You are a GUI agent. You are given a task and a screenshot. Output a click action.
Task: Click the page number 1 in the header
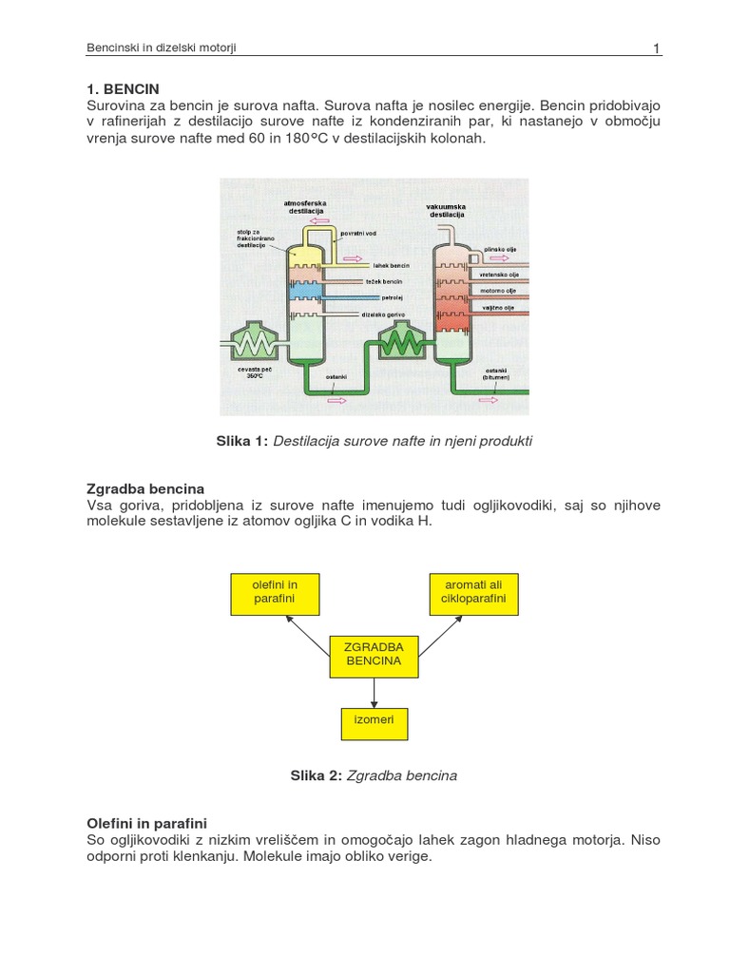pyautogui.click(x=656, y=48)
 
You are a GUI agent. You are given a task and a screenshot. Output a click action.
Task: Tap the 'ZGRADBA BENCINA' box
pyautogui.click(x=374, y=654)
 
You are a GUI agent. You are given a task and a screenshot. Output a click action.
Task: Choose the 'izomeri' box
pyautogui.click(x=374, y=724)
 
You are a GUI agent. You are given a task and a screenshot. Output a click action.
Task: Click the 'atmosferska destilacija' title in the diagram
pyautogui.click(x=305, y=206)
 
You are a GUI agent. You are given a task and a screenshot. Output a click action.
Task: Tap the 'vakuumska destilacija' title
pyautogui.click(x=448, y=211)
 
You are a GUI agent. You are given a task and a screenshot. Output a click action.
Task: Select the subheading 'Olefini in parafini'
pyautogui.click(x=147, y=823)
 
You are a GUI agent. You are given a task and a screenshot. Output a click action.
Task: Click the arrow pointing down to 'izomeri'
pyautogui.click(x=374, y=693)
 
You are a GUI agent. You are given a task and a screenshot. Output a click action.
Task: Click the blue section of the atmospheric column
pyautogui.click(x=305, y=297)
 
